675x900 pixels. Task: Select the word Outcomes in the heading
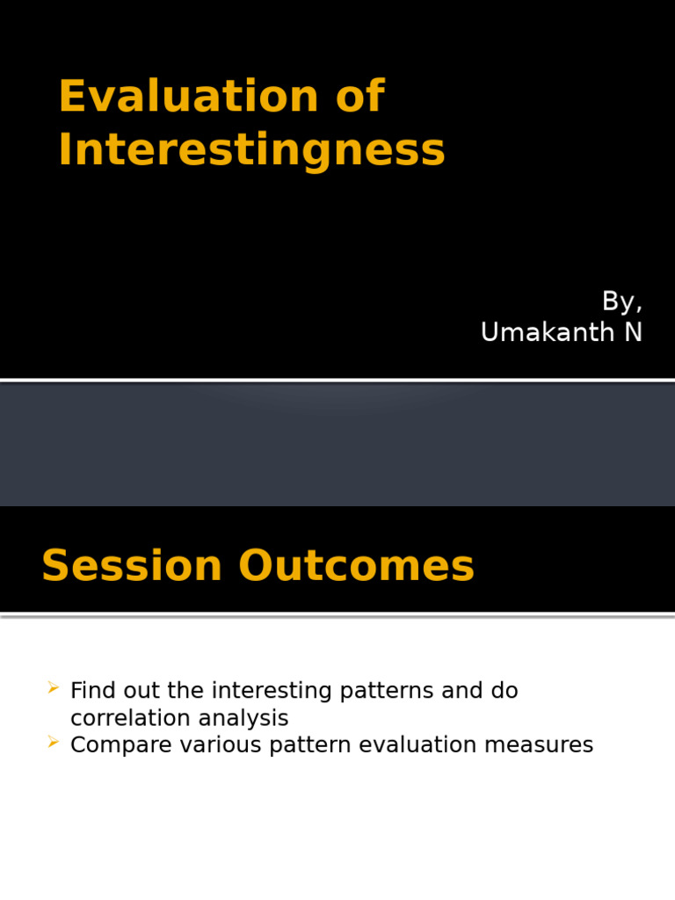(356, 566)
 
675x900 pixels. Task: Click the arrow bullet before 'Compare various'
(54, 744)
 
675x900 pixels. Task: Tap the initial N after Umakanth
(633, 333)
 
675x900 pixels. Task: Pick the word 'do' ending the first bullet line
(504, 691)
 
